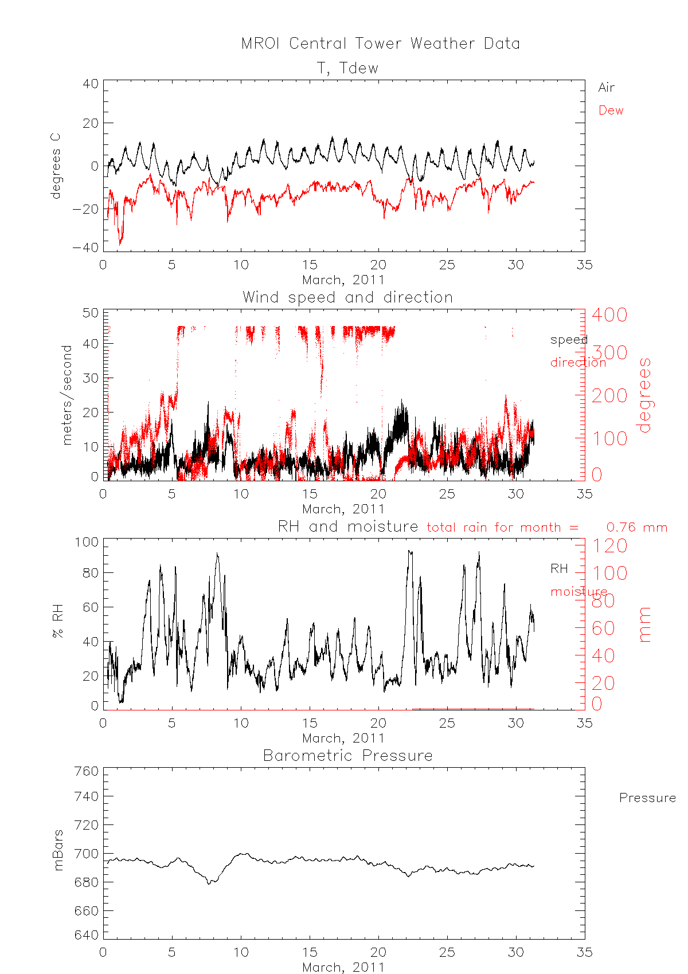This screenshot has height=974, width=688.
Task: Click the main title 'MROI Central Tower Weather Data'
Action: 380,44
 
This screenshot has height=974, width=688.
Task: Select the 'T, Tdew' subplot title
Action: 347,68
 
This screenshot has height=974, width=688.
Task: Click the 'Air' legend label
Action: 606,88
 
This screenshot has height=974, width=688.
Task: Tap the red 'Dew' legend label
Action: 611,111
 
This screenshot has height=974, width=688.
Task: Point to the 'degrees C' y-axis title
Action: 55,166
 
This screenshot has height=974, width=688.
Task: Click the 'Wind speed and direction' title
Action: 347,297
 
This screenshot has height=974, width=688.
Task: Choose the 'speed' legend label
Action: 569,340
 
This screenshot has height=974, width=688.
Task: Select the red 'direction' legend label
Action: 578,362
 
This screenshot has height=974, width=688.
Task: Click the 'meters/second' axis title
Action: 67,395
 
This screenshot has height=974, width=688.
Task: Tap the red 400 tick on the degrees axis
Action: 609,315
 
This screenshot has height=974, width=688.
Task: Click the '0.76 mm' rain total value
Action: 636,527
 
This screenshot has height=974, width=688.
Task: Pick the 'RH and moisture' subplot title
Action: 347,527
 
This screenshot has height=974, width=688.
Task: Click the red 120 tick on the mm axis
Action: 609,546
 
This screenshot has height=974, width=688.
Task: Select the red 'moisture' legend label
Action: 578,591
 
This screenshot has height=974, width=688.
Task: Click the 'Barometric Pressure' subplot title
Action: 347,756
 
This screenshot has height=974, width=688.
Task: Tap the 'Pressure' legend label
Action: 647,798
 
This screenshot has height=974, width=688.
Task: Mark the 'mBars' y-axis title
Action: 58,850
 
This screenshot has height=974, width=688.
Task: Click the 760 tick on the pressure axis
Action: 86,771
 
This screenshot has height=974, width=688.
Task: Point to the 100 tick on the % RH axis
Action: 86,542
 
